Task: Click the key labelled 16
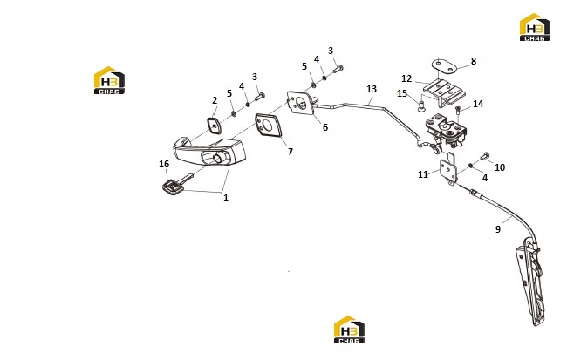coord(176,185)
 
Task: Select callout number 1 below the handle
coord(226,198)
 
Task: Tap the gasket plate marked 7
coord(269,126)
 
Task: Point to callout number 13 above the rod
coord(372,89)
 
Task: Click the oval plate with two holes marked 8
coord(444,66)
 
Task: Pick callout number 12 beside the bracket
coord(406,78)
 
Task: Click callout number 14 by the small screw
coord(478,104)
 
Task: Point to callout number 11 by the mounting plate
coord(423,174)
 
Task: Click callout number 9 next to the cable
coord(498,229)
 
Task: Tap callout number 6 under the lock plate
coord(325,127)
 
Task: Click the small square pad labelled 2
coord(214,125)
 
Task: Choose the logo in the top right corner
coord(535,27)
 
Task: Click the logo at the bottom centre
coord(349,329)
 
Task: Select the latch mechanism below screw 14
coord(446,131)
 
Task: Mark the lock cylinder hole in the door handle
coord(218,158)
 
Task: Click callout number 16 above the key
coord(164,164)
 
